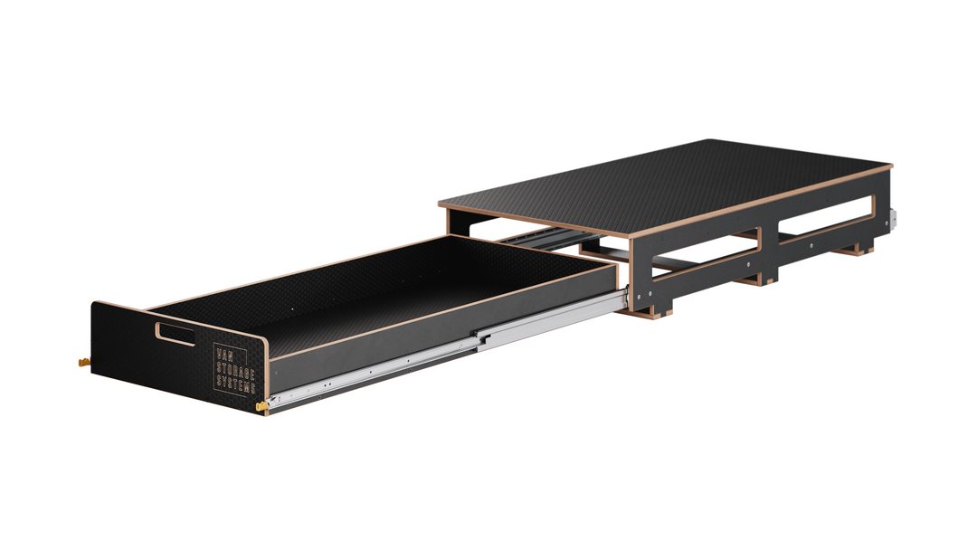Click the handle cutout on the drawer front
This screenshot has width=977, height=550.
[175, 333]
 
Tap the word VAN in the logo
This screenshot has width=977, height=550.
[223, 355]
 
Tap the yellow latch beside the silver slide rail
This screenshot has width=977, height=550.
[262, 407]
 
